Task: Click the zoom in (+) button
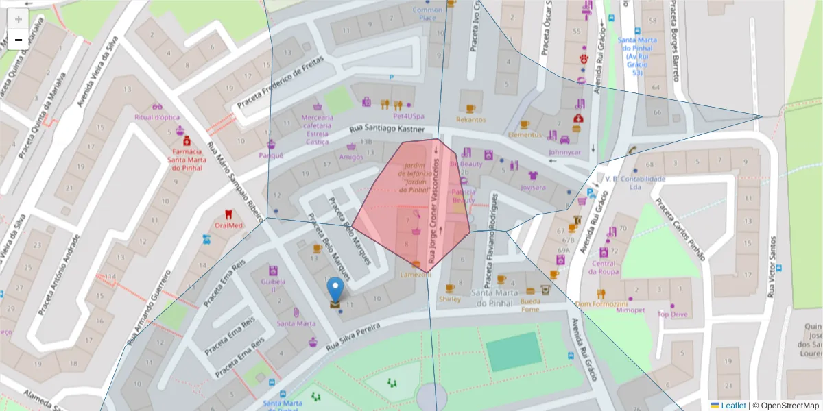(18, 19)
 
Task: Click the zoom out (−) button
(18, 40)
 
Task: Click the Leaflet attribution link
(733, 406)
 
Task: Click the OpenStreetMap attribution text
(785, 406)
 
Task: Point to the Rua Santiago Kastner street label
(384, 129)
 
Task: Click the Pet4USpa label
(409, 116)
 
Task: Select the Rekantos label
(470, 119)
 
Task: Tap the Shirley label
(450, 299)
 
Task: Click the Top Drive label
(672, 314)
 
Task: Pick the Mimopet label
(630, 310)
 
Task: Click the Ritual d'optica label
(157, 117)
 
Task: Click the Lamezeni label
(416, 274)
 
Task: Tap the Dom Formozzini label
(601, 303)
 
